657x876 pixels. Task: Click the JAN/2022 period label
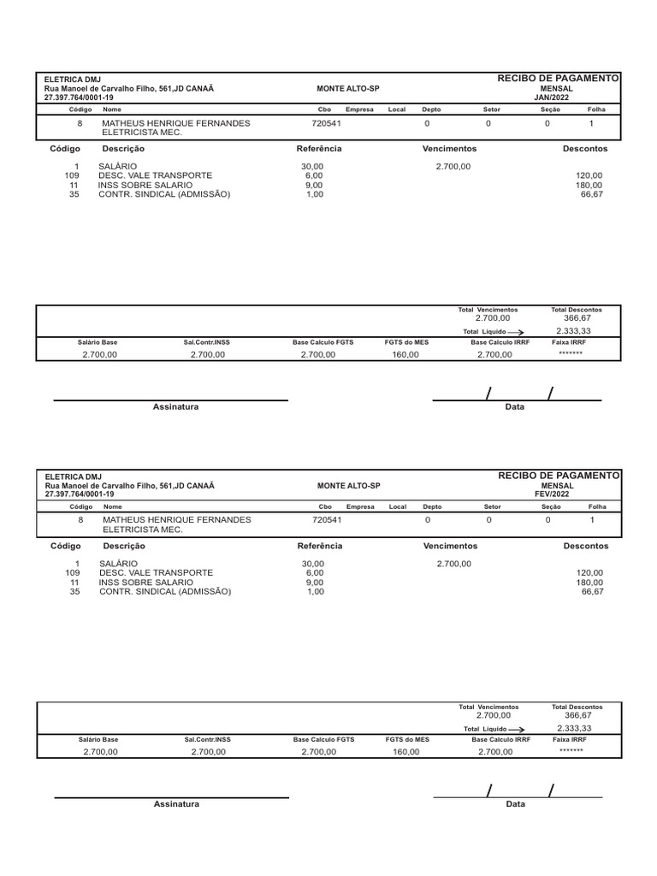pos(557,98)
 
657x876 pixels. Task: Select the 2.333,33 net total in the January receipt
pos(573,330)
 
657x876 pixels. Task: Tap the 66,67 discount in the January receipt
pos(592,194)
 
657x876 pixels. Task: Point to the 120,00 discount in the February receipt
pos(590,572)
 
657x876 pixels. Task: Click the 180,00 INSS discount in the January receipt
pos(589,185)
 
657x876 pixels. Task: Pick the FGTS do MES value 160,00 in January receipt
pos(405,354)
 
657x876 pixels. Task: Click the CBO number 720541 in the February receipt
pos(327,519)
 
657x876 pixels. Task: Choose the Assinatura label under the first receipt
pos(175,407)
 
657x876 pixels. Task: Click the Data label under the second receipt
pos(515,804)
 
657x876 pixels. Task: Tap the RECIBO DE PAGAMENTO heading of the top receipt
pos(558,79)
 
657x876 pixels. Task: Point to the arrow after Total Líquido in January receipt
pos(515,331)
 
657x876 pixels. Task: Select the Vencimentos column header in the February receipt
pos(450,545)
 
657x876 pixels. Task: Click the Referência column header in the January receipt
pos(318,148)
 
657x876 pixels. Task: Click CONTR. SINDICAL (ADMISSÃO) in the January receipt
pos(164,194)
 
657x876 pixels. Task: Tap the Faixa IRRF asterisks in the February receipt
pos(571,750)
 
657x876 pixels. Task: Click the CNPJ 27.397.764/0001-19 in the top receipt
pos(79,98)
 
